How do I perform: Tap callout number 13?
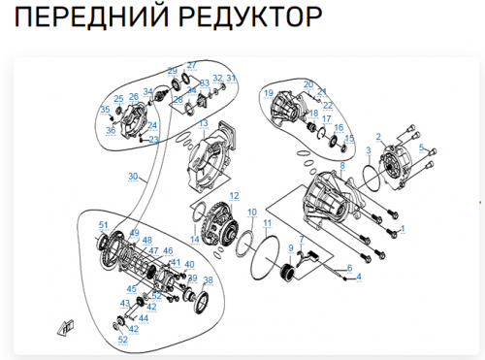(x=205, y=124)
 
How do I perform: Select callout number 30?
(x=133, y=177)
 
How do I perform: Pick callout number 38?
(x=207, y=280)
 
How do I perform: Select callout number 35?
(x=104, y=110)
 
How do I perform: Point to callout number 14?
(x=194, y=239)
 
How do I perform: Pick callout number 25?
(x=118, y=99)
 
